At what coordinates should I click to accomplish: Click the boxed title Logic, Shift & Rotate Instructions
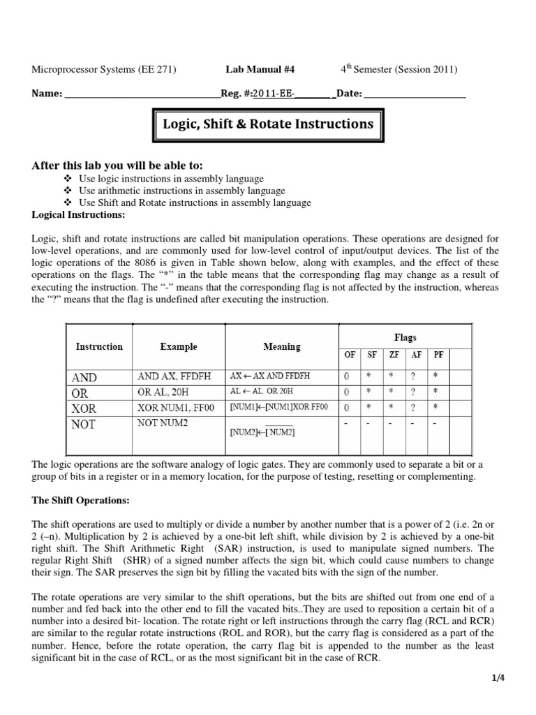(268, 124)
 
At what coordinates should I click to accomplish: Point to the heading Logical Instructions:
(77, 214)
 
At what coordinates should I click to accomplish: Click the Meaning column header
(282, 346)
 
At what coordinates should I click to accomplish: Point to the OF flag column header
(350, 355)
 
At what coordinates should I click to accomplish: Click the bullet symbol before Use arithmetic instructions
(67, 191)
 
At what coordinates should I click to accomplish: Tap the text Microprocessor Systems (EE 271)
(105, 69)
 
